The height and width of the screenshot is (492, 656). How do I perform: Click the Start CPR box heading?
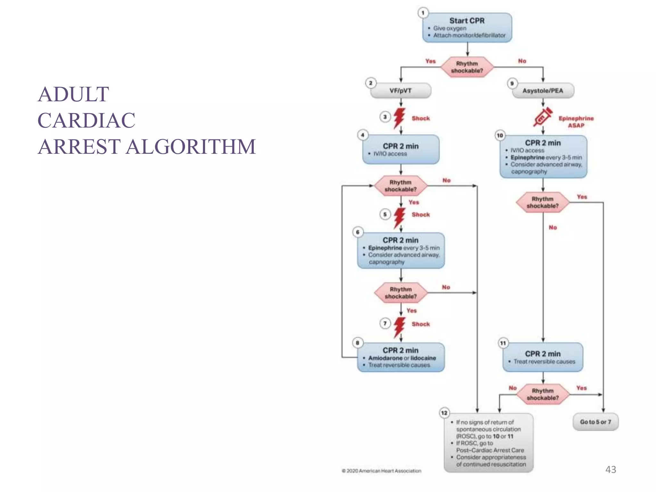coord(467,20)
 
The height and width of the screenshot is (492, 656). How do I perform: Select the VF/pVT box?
coord(400,91)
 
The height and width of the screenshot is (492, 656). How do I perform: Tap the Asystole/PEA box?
coord(543,91)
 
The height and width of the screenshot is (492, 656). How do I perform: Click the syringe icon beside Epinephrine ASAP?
coord(543,117)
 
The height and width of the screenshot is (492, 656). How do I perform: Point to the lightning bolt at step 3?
coord(399,118)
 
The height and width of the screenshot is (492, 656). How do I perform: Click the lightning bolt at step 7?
coord(399,327)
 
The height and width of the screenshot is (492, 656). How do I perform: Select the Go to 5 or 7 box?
coord(595,422)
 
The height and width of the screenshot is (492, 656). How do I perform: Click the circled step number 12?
coord(444,413)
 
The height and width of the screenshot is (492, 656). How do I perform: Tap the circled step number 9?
coord(512,83)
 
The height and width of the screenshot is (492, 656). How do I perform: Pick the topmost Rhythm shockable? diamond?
coord(467,67)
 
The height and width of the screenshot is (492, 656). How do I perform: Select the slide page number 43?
coord(611,470)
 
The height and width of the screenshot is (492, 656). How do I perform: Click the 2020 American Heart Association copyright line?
coord(381,471)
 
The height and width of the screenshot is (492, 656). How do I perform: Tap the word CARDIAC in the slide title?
coord(86,120)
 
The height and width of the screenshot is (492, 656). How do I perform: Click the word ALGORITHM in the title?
coord(191,147)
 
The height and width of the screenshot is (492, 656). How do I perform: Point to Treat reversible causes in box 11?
coord(544,362)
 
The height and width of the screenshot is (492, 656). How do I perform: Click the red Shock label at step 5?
coord(421,215)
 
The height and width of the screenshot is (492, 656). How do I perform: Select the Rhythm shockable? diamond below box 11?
coord(543,394)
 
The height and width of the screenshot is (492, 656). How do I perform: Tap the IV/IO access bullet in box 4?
coord(390,154)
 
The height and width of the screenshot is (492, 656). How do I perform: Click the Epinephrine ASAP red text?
coord(576,122)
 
